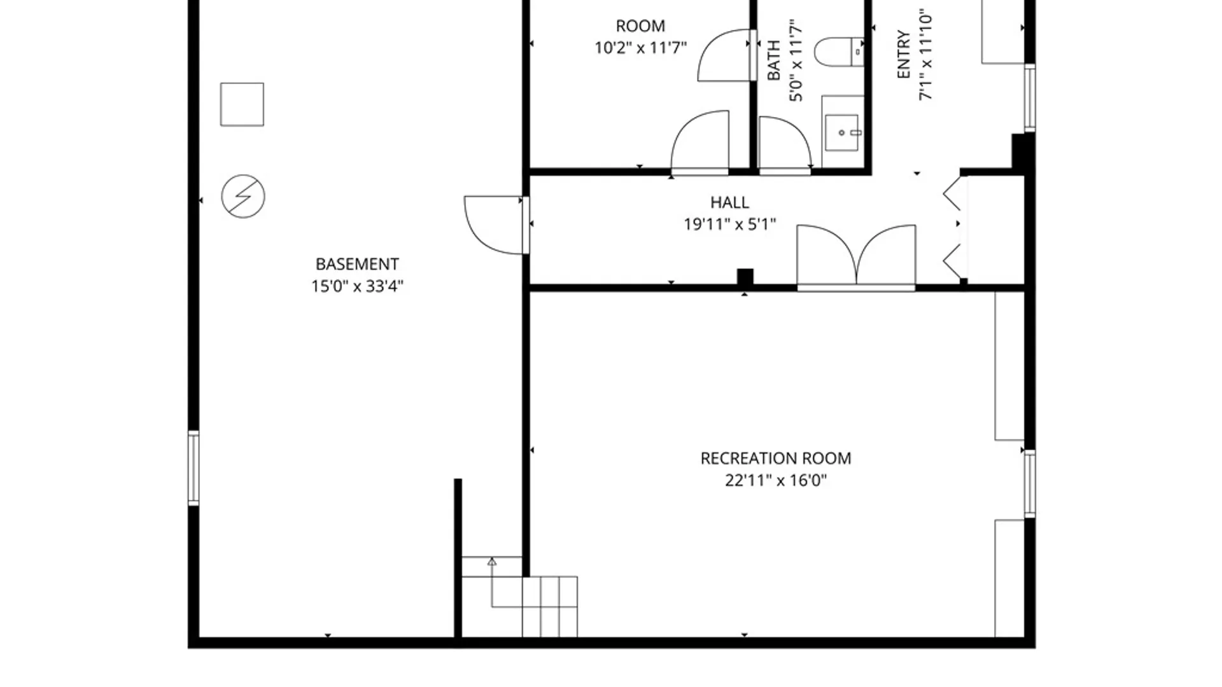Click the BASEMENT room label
click(357, 264)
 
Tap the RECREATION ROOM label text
click(776, 459)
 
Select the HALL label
click(729, 202)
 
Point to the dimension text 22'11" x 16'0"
click(776, 480)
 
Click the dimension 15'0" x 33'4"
click(357, 286)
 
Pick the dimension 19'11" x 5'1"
click(729, 225)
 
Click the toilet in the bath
click(839, 52)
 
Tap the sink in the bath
click(843, 132)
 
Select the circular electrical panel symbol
click(243, 197)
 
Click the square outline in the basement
click(242, 104)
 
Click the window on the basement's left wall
click(193, 468)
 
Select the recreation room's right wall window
click(1030, 483)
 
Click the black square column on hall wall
click(745, 277)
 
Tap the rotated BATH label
click(774, 60)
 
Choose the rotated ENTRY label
click(903, 55)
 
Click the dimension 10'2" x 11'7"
click(640, 48)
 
